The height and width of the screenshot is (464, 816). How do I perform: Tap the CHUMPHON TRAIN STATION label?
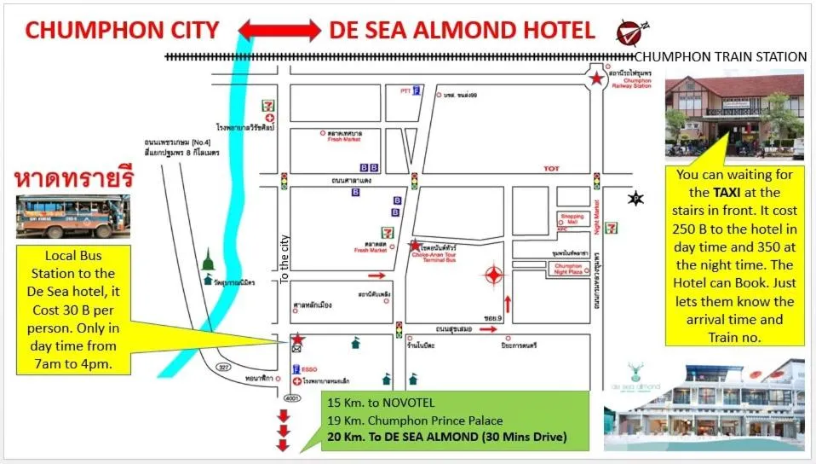coord(721,57)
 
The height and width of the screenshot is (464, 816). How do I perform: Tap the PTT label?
coord(405,90)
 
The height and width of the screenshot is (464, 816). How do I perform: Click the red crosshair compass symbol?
coord(493,275)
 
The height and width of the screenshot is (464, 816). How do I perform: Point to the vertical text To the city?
coord(285,259)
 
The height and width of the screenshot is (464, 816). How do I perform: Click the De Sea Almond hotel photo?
coord(704,407)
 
